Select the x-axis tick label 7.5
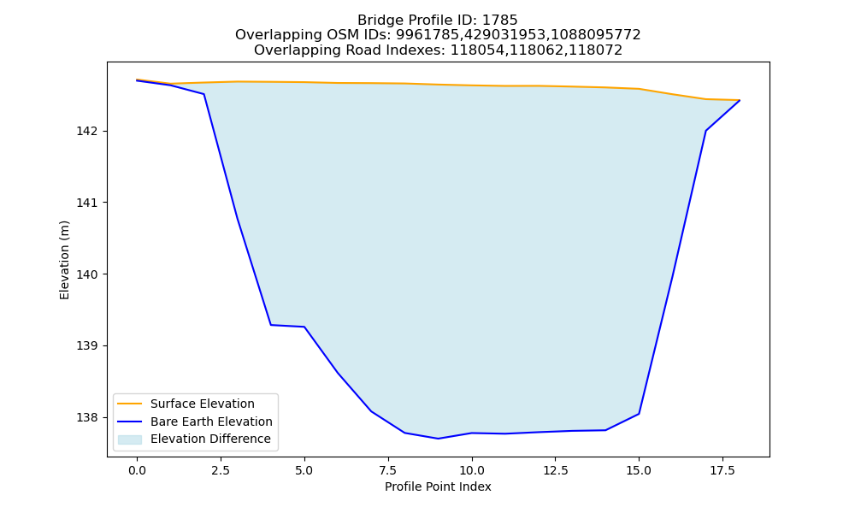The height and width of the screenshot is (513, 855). (388, 470)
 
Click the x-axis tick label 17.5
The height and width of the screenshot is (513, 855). (722, 470)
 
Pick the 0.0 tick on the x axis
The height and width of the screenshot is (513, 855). (137, 470)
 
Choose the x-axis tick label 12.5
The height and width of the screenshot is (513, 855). (555, 470)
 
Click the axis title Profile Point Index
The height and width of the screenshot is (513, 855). (438, 486)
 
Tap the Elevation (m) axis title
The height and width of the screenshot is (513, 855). (64, 260)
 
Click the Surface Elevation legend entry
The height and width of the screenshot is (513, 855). (203, 404)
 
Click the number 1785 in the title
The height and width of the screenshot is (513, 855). (500, 21)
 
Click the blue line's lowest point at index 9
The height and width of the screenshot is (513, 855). (438, 439)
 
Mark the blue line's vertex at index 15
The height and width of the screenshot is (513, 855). (639, 414)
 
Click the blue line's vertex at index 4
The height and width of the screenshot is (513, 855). (271, 325)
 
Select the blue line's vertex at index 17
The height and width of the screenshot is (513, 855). (705, 131)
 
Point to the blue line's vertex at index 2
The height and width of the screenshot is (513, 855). (204, 94)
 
